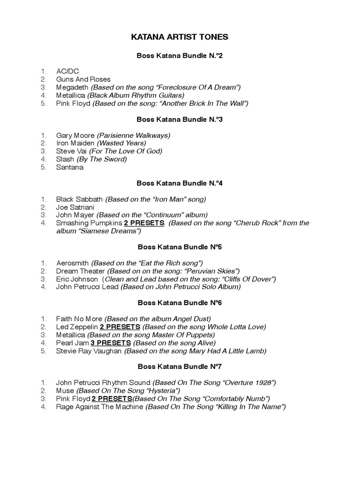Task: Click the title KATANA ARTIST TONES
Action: click(180, 37)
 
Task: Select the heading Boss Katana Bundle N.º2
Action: click(180, 56)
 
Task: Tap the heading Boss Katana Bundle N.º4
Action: click(180, 183)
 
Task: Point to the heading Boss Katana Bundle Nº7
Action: click(180, 367)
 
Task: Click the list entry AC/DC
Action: click(67, 72)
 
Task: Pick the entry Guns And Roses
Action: click(83, 80)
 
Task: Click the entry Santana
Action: click(70, 167)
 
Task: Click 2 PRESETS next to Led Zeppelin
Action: click(120, 327)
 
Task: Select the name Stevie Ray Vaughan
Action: click(89, 351)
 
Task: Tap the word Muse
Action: click(65, 390)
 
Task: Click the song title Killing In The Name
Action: click(249, 406)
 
